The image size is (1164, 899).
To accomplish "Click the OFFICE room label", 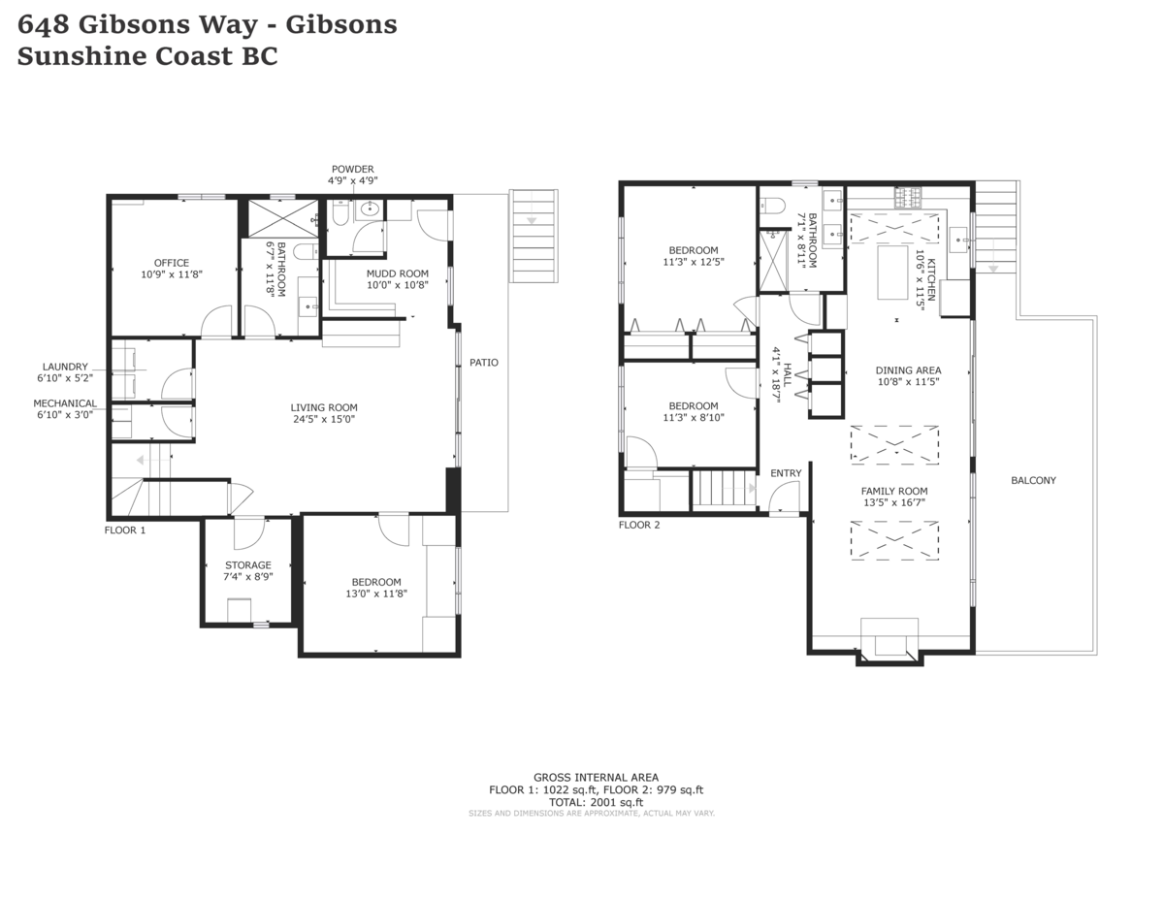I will coord(172,263).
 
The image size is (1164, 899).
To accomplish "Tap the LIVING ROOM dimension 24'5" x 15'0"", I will coord(324,420).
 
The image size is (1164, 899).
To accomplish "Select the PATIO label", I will coord(484,363).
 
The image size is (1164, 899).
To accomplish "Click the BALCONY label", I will coord(1033,480).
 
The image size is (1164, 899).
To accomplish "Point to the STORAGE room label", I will coord(248,564).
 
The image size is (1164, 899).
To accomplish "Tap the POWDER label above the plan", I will coord(352,169).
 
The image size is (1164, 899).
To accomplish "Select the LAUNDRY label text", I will coord(65,367).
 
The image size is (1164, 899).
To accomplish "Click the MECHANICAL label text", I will coord(65,403).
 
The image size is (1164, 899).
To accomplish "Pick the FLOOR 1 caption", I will coord(125,530).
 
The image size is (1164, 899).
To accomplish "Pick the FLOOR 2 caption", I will coord(639,526).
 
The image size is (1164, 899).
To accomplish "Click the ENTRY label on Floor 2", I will coord(786,473).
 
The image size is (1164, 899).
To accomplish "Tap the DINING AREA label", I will coord(908,370).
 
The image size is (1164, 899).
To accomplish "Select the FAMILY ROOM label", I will coord(894,491).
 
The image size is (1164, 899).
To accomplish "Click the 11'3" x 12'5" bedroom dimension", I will coord(694,262).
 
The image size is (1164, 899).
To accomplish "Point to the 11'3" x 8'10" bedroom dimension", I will coord(694,419).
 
